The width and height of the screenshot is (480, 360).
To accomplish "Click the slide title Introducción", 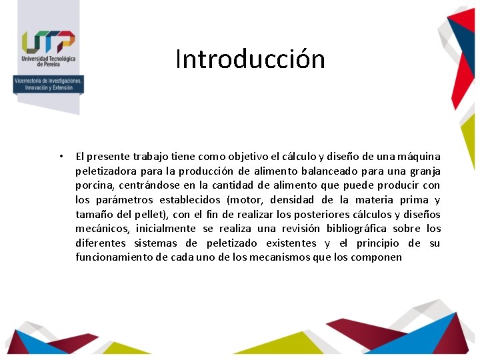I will coord(250,59).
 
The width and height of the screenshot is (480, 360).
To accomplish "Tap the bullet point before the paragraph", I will coord(60,157).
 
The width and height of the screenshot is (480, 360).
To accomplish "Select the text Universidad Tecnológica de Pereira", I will coord(48,62).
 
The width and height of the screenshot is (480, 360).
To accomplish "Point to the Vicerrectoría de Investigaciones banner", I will coord(49,84).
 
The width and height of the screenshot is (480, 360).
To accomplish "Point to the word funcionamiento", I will coord(114,257).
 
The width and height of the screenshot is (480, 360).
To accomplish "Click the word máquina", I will coord(419,157).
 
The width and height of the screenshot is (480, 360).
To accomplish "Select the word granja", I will coord(424,171).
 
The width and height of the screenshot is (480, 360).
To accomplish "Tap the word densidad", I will coord(292,200).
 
